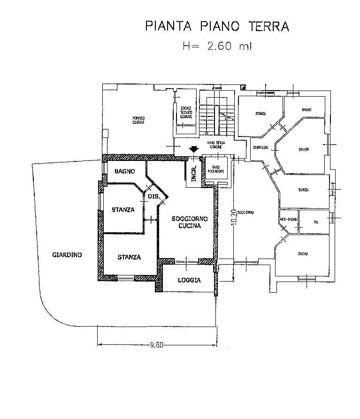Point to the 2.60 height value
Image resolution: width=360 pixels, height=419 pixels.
click(218, 46)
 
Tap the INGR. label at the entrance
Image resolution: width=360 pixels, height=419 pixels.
click(193, 172)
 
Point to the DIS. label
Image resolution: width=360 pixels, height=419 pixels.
click(153, 197)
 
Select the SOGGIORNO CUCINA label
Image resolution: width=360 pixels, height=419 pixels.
click(186, 222)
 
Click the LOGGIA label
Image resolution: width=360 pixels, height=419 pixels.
click(189, 280)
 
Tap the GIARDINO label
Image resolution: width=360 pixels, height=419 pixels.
click(67, 255)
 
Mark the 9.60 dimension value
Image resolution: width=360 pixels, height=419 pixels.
click(156, 346)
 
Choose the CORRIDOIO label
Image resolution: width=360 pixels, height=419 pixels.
click(260, 148)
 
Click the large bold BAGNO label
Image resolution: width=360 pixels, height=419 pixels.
click(125, 171)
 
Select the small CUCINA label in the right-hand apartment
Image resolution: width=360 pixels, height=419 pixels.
click(303, 254)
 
